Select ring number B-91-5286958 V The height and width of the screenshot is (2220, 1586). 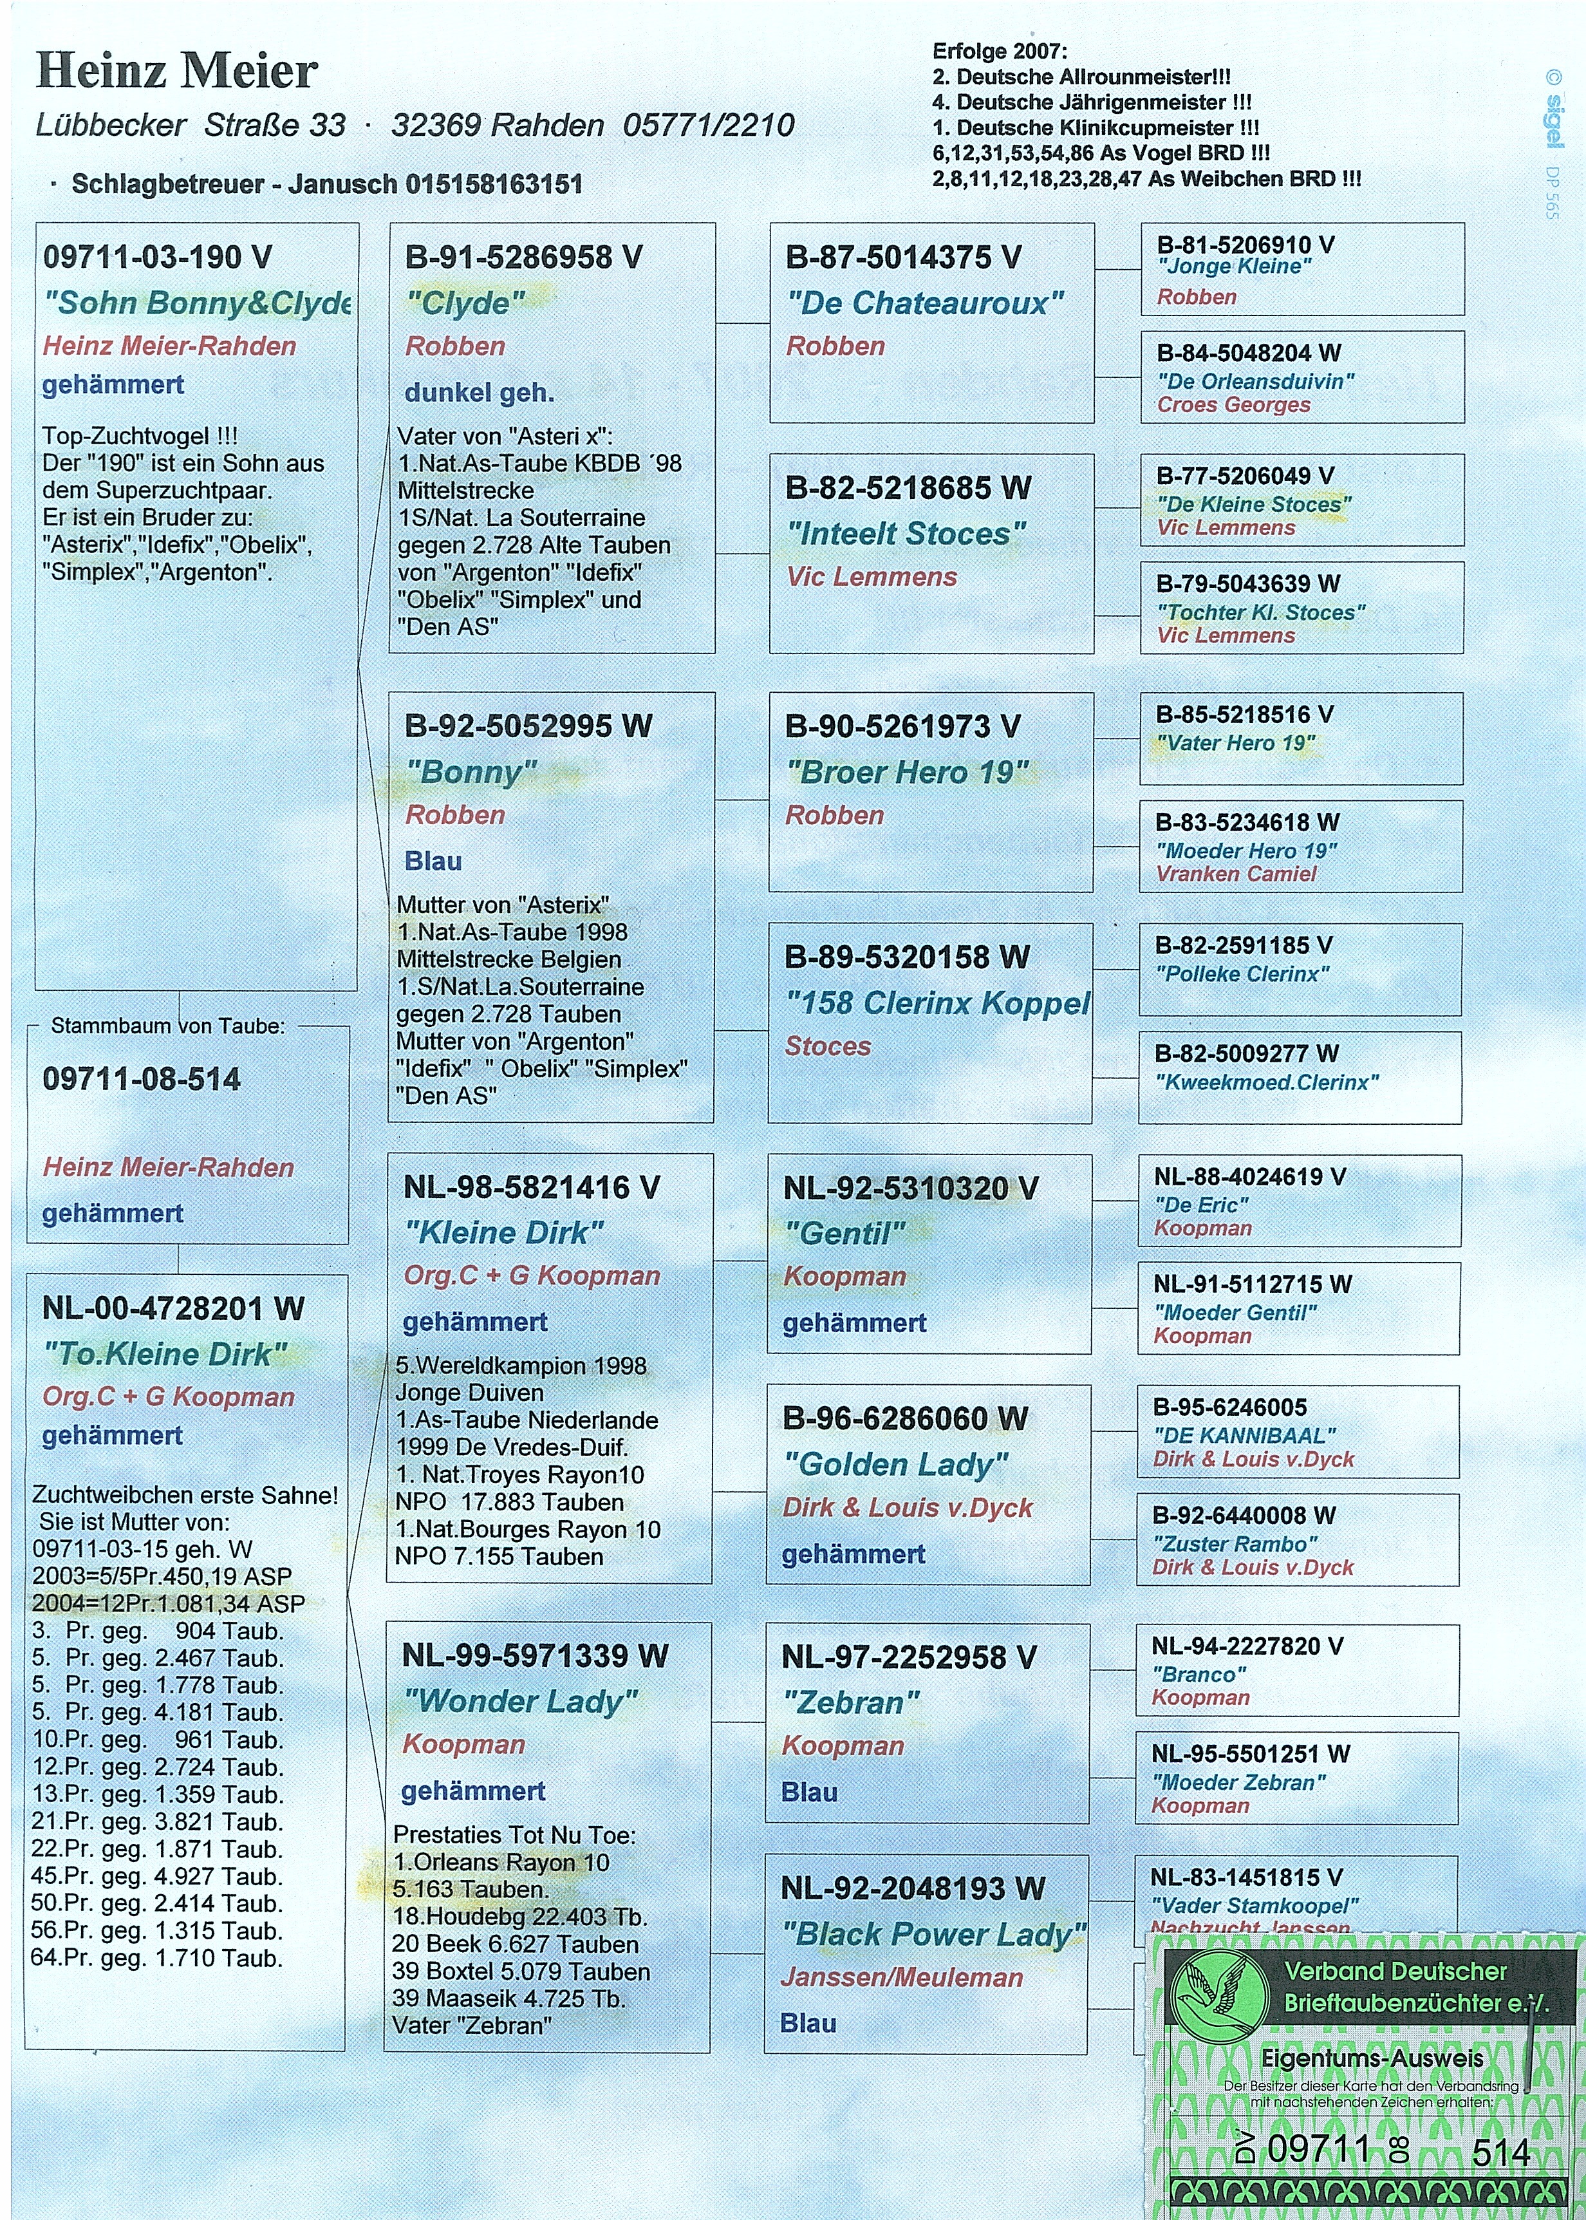tap(523, 257)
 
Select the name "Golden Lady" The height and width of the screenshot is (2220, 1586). tap(895, 1464)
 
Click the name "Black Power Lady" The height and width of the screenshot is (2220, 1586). tap(933, 1934)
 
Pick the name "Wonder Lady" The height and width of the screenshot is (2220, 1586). tap(521, 1702)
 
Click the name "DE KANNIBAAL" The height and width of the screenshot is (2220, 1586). tap(1244, 1436)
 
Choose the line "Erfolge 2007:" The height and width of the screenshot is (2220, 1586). tap(1000, 51)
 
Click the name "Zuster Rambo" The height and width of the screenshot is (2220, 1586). tap(1235, 1544)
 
